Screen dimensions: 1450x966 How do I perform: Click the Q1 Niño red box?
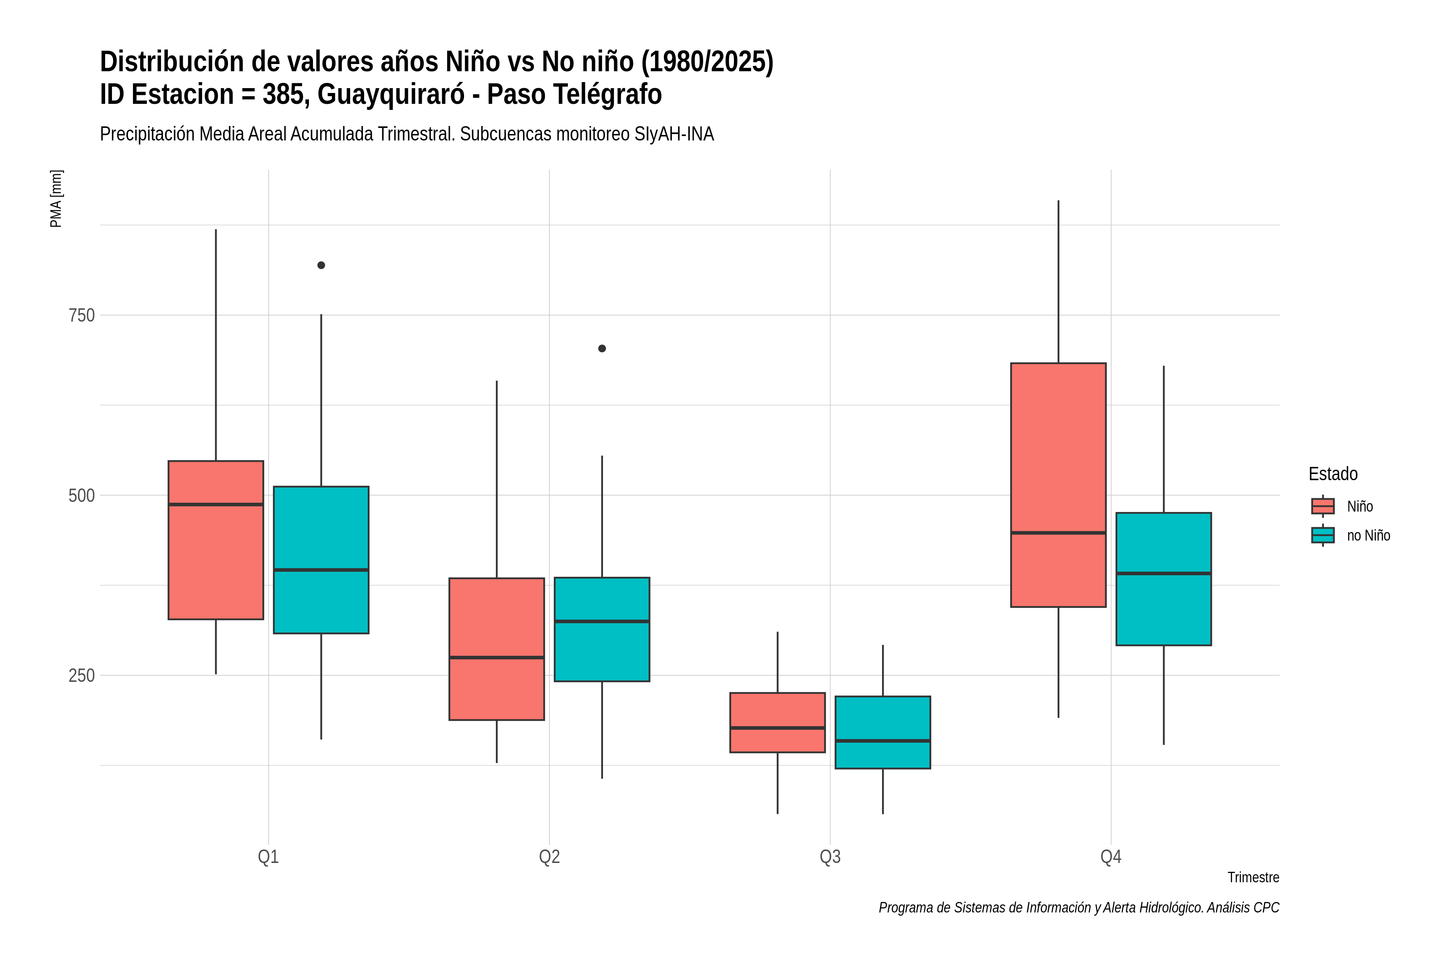[x=216, y=540]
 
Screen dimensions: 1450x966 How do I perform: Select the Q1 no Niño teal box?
[x=321, y=560]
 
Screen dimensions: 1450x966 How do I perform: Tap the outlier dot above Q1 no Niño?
[x=321, y=266]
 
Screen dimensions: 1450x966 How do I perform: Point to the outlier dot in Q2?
[x=602, y=349]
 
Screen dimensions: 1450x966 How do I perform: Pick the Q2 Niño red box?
[x=497, y=649]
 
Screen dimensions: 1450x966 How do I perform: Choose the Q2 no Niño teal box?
[x=602, y=629]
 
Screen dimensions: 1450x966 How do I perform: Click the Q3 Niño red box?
[x=777, y=722]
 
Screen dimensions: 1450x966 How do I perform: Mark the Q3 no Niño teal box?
[x=883, y=733]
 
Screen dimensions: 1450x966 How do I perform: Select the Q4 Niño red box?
[x=1058, y=485]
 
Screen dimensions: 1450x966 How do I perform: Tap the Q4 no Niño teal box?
[x=1164, y=579]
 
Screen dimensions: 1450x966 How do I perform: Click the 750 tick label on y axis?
[x=81, y=316]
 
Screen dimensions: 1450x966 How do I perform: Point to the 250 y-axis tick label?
[x=81, y=676]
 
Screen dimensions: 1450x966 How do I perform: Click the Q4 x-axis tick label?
[x=1111, y=857]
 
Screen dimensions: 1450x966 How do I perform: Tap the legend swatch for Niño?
[x=1323, y=506]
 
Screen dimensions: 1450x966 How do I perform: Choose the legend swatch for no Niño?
[x=1323, y=535]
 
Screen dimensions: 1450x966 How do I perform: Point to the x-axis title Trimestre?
[x=1253, y=877]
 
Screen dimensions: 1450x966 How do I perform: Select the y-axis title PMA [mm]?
[x=56, y=199]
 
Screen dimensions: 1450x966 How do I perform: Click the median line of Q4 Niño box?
[x=1058, y=533]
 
